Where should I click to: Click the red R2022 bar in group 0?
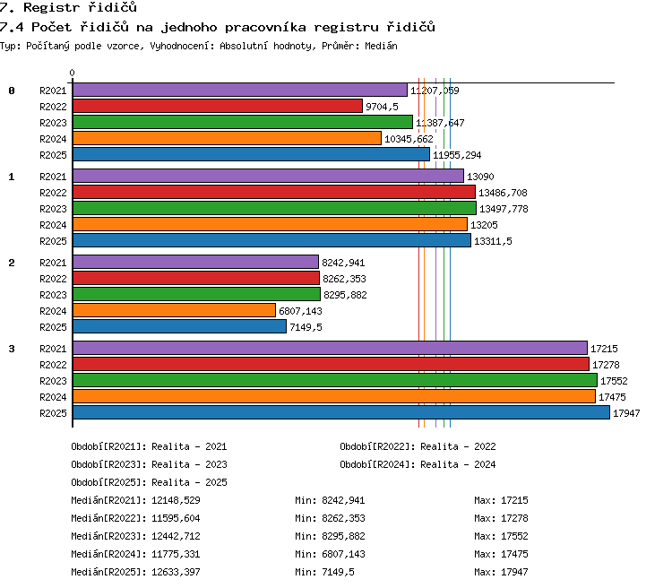tap(218, 106)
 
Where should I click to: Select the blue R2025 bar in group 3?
tap(341, 412)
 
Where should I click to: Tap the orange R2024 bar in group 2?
tap(174, 310)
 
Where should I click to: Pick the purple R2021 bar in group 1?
tap(268, 176)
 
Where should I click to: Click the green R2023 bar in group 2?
tap(197, 294)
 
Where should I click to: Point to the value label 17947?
tap(626, 413)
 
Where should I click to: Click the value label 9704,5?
tap(382, 107)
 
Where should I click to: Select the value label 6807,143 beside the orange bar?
tap(300, 311)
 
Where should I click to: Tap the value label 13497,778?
tap(504, 209)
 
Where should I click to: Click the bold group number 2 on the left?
tap(12, 263)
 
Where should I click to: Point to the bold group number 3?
tap(12, 349)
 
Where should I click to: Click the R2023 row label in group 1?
tap(53, 209)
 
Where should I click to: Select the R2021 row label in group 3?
tap(53, 349)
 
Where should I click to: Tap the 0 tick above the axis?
tap(72, 73)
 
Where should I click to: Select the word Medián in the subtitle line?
tap(381, 46)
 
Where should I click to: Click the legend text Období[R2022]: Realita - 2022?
tap(418, 447)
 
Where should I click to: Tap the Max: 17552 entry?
tap(501, 536)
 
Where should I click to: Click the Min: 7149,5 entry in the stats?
tap(324, 572)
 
